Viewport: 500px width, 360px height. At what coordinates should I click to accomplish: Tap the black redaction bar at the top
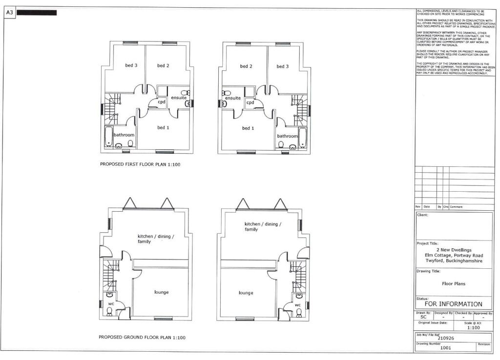coord(37,13)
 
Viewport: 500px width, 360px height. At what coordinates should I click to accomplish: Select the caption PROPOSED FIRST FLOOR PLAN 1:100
coord(140,164)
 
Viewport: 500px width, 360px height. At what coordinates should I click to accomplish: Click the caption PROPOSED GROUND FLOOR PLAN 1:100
coord(142,337)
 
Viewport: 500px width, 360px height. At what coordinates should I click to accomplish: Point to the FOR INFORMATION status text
coord(453,304)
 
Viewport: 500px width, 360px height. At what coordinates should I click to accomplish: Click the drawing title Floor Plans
coord(454,283)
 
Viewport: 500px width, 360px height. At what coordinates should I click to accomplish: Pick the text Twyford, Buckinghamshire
coord(454,261)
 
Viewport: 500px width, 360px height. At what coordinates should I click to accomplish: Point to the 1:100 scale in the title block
coord(473,328)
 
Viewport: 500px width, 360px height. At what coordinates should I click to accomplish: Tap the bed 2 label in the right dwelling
coord(246,66)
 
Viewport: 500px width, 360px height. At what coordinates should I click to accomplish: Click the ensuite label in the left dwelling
coord(177,98)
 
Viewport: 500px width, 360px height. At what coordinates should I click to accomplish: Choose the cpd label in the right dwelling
coord(250,102)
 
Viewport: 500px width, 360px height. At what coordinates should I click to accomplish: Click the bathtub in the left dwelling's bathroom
coord(108,136)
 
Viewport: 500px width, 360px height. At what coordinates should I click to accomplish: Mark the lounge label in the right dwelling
coord(246,293)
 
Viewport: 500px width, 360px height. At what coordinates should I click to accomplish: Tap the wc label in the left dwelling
coord(111,303)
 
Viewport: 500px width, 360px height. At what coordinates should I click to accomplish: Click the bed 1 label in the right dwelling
coord(248,128)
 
